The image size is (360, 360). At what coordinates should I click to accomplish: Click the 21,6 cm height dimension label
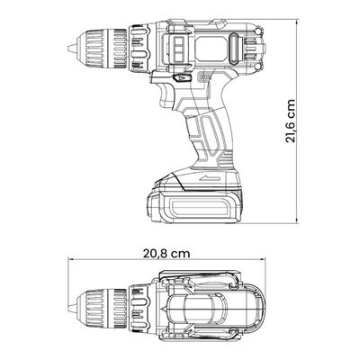click(x=291, y=121)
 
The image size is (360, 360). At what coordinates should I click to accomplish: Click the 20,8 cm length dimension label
click(x=166, y=254)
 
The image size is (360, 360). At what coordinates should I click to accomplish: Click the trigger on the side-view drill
click(x=165, y=94)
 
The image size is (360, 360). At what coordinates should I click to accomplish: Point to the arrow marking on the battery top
click(x=208, y=178)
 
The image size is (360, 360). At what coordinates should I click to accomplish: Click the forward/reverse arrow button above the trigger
click(x=182, y=78)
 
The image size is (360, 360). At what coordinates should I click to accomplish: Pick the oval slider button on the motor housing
click(x=234, y=49)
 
